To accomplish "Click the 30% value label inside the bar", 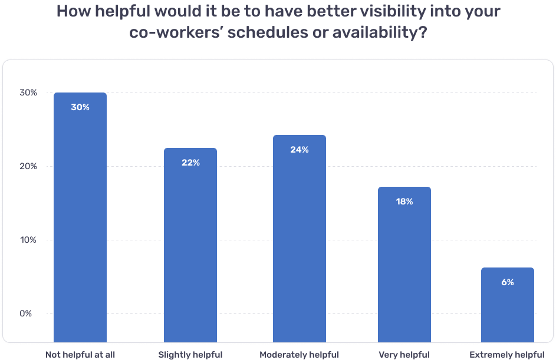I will click(x=80, y=107).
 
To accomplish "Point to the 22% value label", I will click(x=190, y=163).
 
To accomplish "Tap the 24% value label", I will click(x=300, y=150).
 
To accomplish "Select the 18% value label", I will click(x=404, y=202).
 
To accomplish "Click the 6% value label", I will click(x=508, y=282).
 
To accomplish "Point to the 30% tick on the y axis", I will click(x=28, y=93).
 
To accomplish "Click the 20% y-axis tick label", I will click(x=28, y=166).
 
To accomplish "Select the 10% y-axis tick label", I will click(x=28, y=240).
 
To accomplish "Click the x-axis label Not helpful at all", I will click(x=80, y=355).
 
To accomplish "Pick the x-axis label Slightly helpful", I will click(x=190, y=355).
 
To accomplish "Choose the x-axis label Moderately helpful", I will click(x=300, y=355).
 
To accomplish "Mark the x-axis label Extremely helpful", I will click(x=507, y=355).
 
